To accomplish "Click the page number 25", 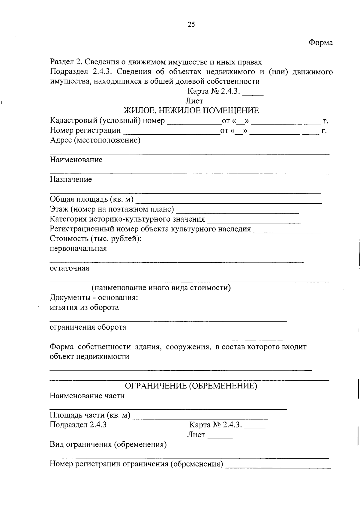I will coord(191,25).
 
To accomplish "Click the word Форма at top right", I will coord(321,43).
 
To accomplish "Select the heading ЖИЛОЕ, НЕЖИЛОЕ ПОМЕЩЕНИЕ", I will coord(191,111).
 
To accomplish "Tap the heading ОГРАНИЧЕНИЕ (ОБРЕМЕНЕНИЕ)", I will coord(191,386).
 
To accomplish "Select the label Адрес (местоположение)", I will coord(95,140).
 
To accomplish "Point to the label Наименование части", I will coord(87,396).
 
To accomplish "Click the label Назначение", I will coord(71,180).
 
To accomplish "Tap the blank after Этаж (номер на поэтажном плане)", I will coord(238,210).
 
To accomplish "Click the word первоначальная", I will coord(78,249).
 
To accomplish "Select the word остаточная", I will coord(69,268).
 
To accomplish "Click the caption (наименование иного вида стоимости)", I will coord(161,288).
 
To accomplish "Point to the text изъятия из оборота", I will coord(84,307).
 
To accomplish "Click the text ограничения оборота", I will coord(88,327).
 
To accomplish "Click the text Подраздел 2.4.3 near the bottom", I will coord(78,425).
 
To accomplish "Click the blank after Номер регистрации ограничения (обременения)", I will coord(278,465).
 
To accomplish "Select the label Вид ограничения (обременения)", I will coord(108,445).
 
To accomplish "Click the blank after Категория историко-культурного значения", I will coord(254,220).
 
